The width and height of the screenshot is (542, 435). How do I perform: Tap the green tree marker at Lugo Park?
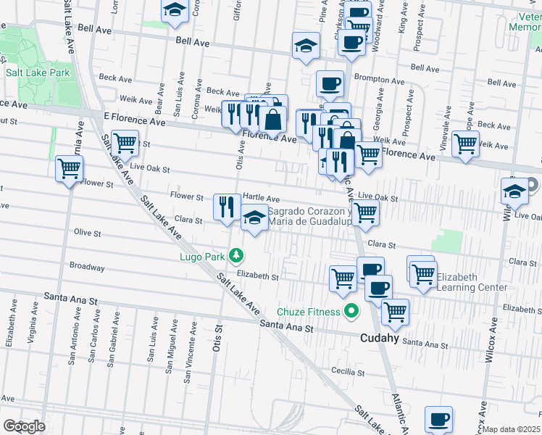pyautogui.click(x=236, y=255)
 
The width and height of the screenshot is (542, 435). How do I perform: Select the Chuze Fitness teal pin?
pyautogui.click(x=351, y=312)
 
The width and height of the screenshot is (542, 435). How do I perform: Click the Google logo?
pyautogui.click(x=23, y=426)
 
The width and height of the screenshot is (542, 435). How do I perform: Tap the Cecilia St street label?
pyautogui.click(x=349, y=372)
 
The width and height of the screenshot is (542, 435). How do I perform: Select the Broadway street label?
pyautogui.click(x=87, y=267)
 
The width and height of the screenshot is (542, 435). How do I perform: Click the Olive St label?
pyautogui.click(x=88, y=232)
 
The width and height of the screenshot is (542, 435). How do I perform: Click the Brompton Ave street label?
pyautogui.click(x=380, y=80)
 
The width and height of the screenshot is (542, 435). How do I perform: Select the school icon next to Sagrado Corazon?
pyautogui.click(x=254, y=219)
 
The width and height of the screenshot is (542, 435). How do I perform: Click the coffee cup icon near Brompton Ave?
pyautogui.click(x=330, y=83)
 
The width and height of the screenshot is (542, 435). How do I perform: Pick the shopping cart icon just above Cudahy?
pyautogui.click(x=395, y=312)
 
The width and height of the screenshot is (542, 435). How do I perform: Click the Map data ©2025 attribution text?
pyautogui.click(x=512, y=429)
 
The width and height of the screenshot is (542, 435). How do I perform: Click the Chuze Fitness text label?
pyautogui.click(x=312, y=312)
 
